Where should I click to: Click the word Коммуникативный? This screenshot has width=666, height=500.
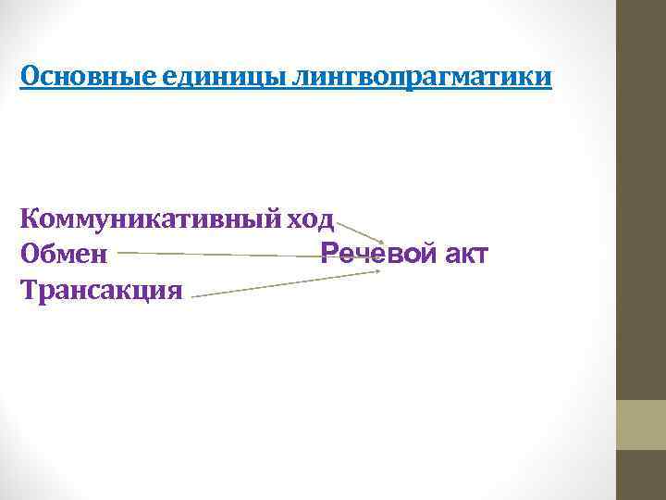point(150,220)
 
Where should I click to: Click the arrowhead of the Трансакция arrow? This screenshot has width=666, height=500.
point(375,272)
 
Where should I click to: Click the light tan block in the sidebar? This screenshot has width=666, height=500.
point(640,425)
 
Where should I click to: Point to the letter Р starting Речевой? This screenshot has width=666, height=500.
point(328,254)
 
